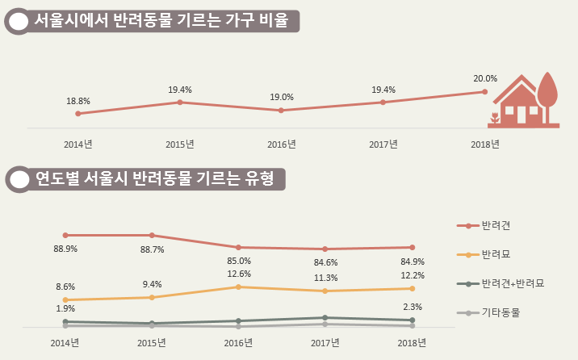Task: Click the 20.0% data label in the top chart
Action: (x=485, y=78)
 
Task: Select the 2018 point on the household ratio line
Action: (x=484, y=92)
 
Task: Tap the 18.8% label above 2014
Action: (x=78, y=101)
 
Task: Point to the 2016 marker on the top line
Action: (x=281, y=111)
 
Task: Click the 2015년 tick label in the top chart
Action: (x=179, y=144)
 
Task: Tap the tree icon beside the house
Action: (x=549, y=95)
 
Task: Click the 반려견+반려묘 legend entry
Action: (x=512, y=283)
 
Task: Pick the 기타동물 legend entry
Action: (x=501, y=312)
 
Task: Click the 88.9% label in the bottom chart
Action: (x=65, y=249)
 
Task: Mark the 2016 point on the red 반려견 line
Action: (x=239, y=247)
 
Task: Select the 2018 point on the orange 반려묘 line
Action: (x=412, y=288)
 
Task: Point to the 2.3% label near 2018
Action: (x=412, y=307)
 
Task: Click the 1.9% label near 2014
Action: (x=65, y=308)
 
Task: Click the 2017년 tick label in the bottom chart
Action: (x=325, y=343)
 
